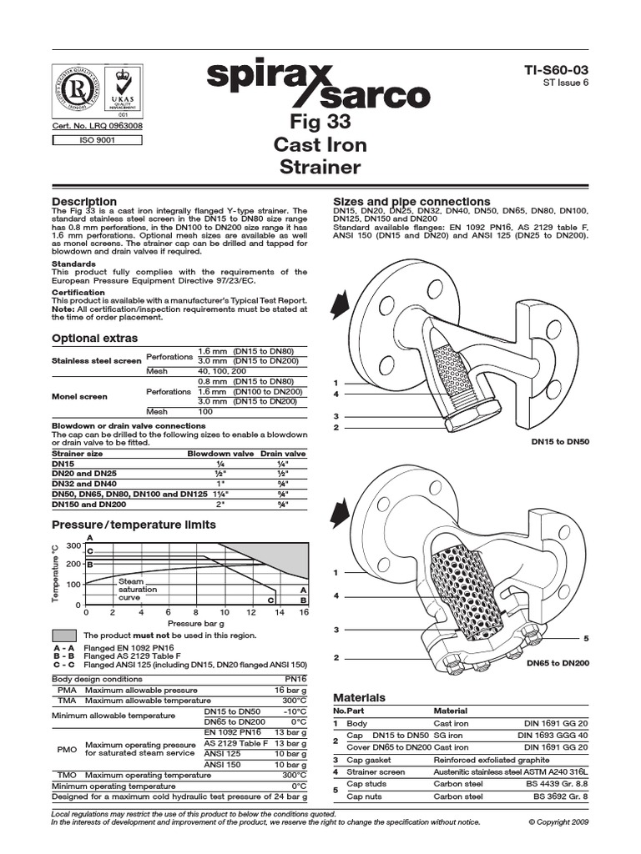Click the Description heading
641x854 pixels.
(84, 202)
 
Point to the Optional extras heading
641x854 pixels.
(95, 339)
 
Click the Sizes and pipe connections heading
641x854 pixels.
(411, 202)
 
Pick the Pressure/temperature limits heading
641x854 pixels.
(134, 525)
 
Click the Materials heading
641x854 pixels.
(359, 697)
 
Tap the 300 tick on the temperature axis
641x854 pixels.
(72, 545)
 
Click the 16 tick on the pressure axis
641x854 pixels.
(304, 612)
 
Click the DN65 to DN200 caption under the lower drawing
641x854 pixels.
(558, 665)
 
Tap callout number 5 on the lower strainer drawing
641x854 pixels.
(587, 639)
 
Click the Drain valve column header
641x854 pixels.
(284, 453)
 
